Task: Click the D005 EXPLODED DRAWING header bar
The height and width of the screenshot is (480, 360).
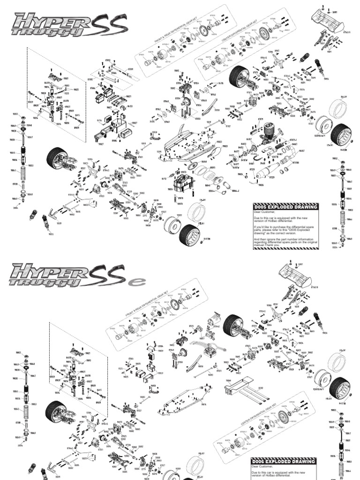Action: (285, 207)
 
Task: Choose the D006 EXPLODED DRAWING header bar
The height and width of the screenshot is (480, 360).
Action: (285, 461)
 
